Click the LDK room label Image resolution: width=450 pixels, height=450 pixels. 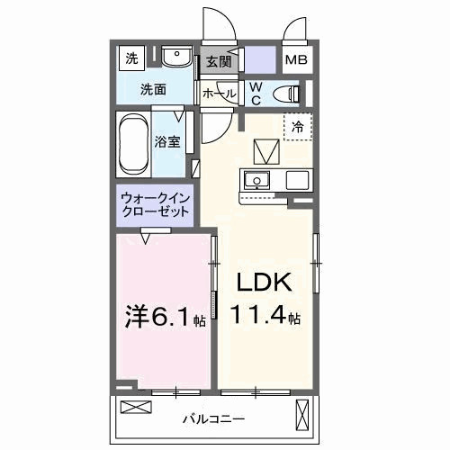[264, 283]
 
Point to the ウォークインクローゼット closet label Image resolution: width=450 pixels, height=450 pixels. [155, 204]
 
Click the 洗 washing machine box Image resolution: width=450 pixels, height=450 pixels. [132, 60]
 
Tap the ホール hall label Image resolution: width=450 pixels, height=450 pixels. [219, 93]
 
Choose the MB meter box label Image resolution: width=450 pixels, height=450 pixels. [295, 61]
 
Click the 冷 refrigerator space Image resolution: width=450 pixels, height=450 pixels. [296, 128]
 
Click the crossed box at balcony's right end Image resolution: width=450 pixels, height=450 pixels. [302, 415]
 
